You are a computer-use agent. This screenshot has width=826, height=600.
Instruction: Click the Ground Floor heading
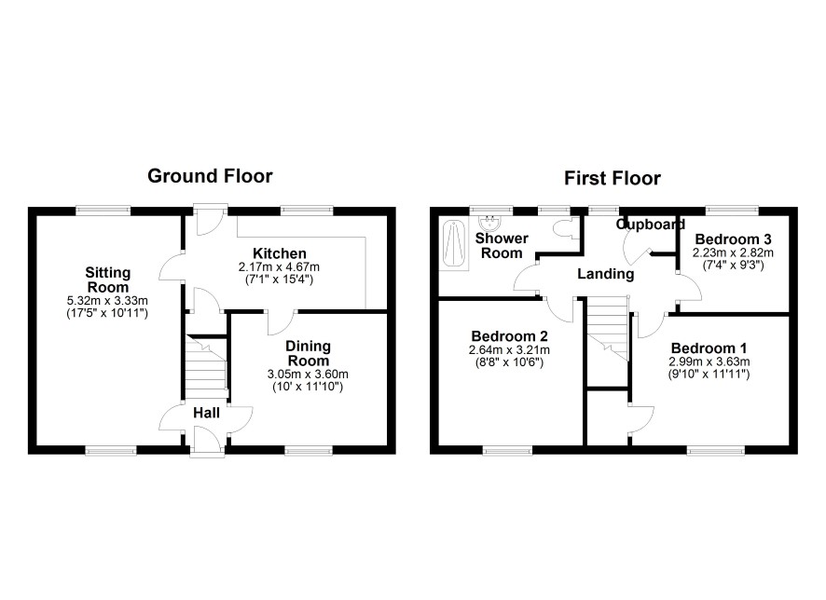point(210,176)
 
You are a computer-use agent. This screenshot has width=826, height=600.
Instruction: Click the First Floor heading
point(613,178)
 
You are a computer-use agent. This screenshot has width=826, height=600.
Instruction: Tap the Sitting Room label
point(108,280)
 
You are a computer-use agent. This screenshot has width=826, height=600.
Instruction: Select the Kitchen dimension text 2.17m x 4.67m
point(279,266)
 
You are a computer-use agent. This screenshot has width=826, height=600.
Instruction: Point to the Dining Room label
point(308,354)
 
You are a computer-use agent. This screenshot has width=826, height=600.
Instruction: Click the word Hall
point(207,413)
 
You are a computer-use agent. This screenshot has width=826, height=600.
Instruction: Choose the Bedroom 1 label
point(709,348)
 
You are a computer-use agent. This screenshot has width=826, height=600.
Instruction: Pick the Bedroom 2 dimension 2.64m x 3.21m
point(509,350)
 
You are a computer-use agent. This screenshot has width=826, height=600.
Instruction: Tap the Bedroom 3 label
point(734,239)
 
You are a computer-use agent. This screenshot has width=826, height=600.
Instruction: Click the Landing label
point(606,274)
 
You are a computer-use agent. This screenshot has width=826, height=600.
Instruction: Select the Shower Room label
point(502,246)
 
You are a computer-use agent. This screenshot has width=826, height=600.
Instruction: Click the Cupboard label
point(651,225)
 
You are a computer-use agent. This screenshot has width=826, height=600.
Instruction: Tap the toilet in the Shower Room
point(564,228)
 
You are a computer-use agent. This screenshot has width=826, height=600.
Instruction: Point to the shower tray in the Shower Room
point(453,245)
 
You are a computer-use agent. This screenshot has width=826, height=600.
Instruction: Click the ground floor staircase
point(207,367)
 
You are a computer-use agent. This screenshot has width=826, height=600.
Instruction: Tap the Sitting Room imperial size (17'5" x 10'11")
point(107,313)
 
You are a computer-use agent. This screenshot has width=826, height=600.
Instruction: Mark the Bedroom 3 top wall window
point(732,211)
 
